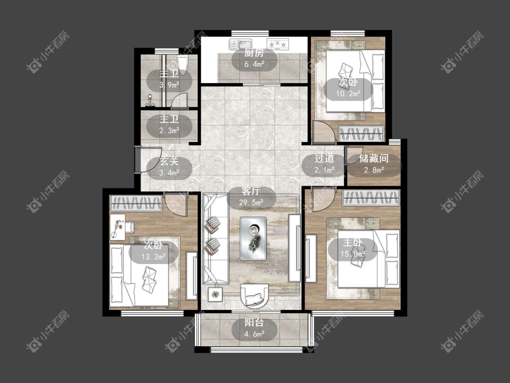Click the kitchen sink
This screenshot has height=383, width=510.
240,44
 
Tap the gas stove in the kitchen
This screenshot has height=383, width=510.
278,44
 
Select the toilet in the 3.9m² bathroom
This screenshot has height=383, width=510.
183,65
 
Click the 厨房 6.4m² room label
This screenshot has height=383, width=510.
254,59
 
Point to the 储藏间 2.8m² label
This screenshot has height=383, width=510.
374,163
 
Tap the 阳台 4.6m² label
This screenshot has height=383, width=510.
254,328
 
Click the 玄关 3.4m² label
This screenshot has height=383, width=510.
169,167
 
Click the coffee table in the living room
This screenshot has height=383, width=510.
253,238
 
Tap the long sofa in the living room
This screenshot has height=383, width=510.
215,238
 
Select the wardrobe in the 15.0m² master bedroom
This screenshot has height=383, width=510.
371,198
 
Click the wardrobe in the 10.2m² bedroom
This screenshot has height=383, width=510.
361,133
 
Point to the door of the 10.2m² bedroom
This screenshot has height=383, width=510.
323,132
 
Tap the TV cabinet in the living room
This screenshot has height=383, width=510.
295,247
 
